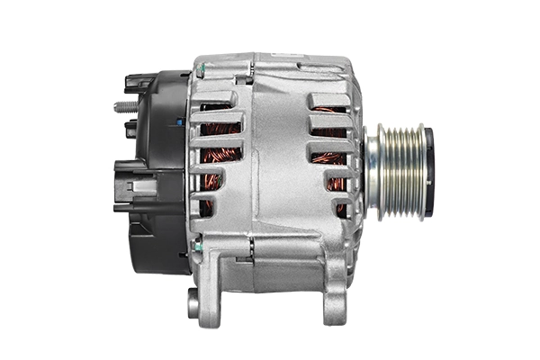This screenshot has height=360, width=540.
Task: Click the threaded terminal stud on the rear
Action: tap(123, 106)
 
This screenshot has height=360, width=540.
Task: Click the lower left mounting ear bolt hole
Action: tap(193, 302)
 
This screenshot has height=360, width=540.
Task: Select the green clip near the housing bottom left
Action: tap(197, 244)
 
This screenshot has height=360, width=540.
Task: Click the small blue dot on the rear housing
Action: tap(180, 120)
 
